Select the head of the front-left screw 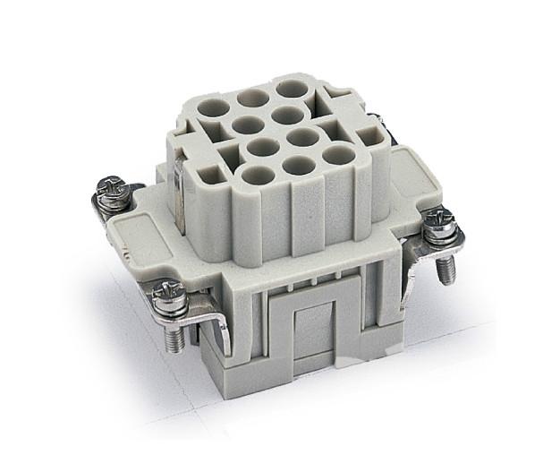pyautogui.click(x=167, y=291)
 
